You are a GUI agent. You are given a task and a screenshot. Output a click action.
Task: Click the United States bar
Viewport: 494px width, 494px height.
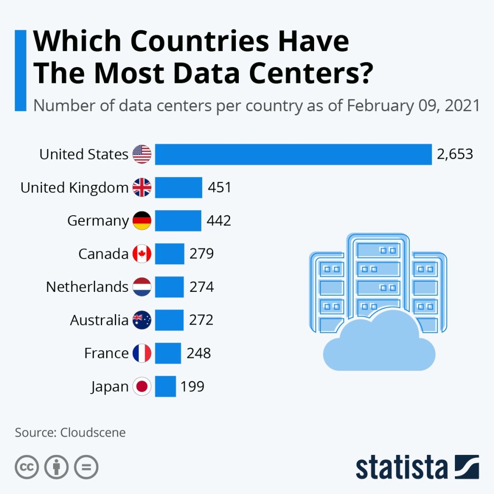(x=293, y=154)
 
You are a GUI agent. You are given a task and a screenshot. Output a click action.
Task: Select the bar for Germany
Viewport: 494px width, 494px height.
(x=178, y=220)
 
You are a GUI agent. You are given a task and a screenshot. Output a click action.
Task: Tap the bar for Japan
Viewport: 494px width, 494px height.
(x=165, y=386)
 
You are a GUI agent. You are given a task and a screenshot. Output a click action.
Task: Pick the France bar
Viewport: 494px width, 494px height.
(x=167, y=353)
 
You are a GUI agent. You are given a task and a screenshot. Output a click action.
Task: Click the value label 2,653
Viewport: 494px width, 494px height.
(x=454, y=154)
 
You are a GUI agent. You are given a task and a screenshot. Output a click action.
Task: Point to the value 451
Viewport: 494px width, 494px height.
(x=220, y=187)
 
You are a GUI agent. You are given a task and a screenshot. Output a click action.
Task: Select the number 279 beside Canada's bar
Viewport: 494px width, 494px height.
(x=201, y=254)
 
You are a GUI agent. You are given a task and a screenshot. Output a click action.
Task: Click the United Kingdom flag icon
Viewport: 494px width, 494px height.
(x=142, y=187)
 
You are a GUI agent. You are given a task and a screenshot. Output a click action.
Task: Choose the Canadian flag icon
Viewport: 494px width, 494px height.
(x=142, y=254)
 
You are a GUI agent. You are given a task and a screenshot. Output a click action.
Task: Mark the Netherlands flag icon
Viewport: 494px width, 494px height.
(x=142, y=287)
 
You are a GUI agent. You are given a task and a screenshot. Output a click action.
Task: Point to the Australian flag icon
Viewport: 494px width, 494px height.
(x=142, y=320)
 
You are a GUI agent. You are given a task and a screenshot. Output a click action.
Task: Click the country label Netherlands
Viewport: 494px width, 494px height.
(x=87, y=287)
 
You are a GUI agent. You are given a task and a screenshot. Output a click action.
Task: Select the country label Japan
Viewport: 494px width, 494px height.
(x=110, y=386)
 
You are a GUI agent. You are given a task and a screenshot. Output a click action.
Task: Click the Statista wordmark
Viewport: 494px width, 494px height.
(x=402, y=467)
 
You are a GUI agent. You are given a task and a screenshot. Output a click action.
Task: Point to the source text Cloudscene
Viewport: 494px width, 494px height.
(x=93, y=432)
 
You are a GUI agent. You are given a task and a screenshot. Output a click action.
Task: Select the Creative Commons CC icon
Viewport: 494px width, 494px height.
(x=27, y=467)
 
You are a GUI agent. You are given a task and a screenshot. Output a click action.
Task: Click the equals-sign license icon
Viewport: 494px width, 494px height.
(x=86, y=467)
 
